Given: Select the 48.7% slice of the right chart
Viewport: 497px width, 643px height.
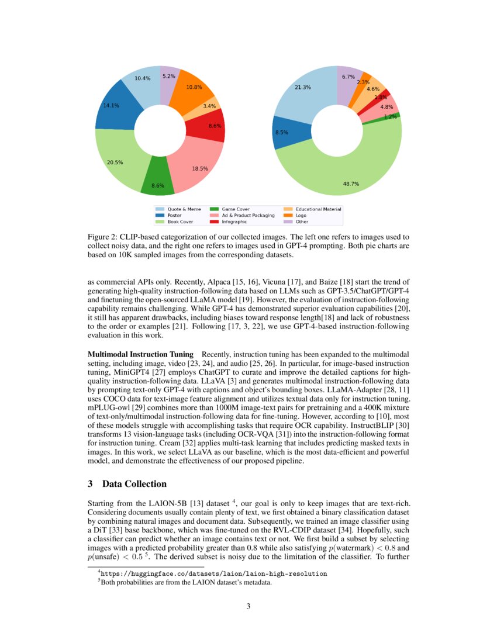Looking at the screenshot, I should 339,175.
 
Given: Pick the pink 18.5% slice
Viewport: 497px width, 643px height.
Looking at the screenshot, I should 196,164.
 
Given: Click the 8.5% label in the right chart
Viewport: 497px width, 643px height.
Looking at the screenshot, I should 281,133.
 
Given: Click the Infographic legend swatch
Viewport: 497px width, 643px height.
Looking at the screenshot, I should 214,222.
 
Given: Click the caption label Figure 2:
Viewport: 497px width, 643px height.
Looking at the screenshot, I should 103,237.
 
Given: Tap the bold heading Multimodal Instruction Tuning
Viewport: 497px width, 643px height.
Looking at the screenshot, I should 140,355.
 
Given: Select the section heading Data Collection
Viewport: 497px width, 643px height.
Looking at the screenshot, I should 134,484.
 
